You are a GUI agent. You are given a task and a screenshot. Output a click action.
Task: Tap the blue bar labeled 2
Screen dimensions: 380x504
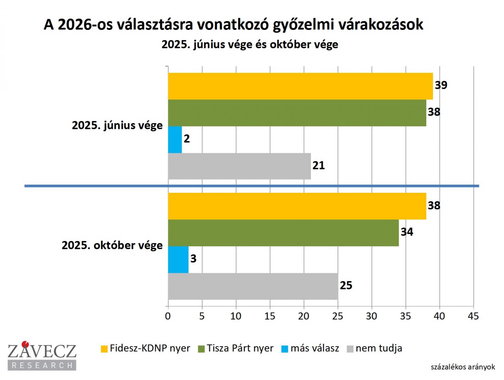(x=175, y=140)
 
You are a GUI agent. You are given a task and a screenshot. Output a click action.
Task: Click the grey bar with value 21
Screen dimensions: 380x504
(x=239, y=166)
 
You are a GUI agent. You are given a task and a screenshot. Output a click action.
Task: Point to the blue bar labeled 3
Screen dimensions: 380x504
(x=178, y=259)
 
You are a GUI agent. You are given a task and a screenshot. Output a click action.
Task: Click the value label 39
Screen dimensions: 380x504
(x=441, y=85)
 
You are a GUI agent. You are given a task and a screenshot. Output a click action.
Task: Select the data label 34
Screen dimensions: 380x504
(x=407, y=232)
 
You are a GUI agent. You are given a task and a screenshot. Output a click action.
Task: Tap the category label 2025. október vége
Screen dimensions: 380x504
(x=112, y=245)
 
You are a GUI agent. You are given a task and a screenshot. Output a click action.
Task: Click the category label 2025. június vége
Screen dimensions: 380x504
(x=117, y=125)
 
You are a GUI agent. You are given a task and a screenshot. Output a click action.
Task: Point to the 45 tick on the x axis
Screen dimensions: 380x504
(x=473, y=316)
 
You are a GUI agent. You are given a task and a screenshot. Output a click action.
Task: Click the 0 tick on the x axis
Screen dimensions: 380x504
(x=168, y=316)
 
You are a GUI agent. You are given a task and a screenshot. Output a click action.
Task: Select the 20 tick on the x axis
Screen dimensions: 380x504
(x=304, y=316)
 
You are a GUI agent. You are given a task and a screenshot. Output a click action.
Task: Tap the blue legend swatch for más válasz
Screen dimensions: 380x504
(x=285, y=349)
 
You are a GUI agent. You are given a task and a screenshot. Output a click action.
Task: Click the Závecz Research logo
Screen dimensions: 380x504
(x=42, y=355)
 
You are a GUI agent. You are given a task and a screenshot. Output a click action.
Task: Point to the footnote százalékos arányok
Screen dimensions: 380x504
(x=463, y=367)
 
